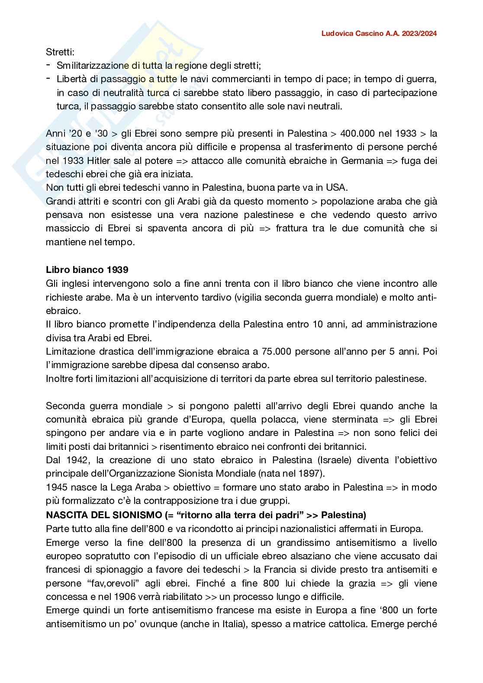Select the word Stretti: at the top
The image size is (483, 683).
[60, 52]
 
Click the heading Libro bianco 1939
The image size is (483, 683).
[87, 269]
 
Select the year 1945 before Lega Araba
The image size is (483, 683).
[56, 487]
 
